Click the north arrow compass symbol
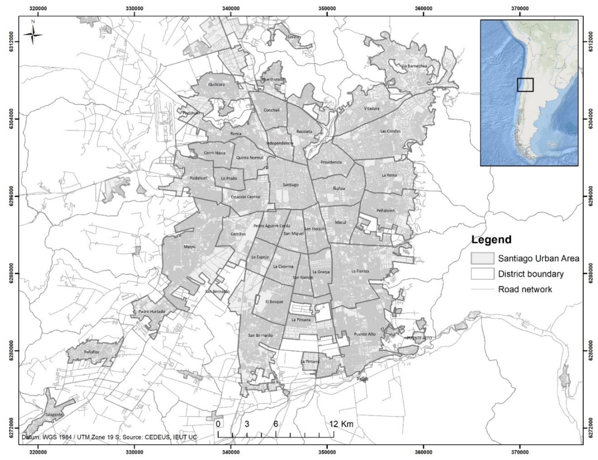click(33, 34)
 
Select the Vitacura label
click(372, 108)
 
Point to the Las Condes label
click(390, 131)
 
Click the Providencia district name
click(331, 162)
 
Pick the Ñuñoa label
click(339, 188)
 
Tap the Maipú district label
click(190, 247)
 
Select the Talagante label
click(54, 415)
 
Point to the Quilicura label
click(216, 84)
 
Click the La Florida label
click(360, 271)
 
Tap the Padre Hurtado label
click(152, 312)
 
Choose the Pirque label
click(362, 379)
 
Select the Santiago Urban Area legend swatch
click(482, 258)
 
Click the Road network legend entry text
click(525, 289)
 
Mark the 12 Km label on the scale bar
click(341, 424)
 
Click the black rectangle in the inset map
click(525, 85)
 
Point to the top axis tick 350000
click(327, 8)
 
